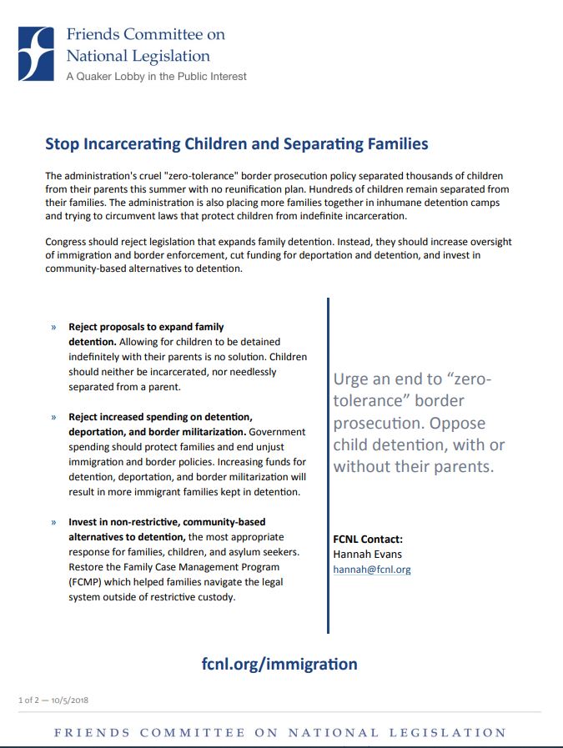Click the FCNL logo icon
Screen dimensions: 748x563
point(38,53)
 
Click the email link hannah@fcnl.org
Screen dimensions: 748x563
point(372,570)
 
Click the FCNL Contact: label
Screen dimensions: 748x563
point(368,539)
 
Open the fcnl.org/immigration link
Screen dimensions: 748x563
point(279,664)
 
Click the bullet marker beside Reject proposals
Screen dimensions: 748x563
point(53,328)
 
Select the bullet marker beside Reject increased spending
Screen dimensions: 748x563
point(53,417)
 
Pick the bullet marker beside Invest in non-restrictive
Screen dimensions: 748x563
point(53,522)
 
